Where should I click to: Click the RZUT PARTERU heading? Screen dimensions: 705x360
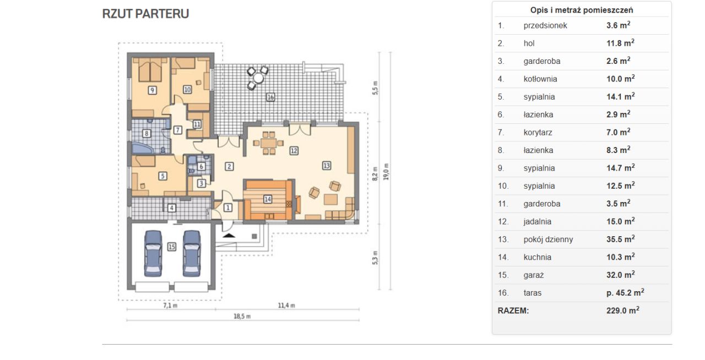coord(145,14)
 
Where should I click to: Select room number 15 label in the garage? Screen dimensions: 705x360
coord(171,247)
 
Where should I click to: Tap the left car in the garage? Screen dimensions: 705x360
coord(153,253)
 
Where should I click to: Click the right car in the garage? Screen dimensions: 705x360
coord(192,253)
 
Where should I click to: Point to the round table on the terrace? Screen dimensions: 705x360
coord(258,78)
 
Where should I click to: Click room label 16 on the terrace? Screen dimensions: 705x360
coord(270,97)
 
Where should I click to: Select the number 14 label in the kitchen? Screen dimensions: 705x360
coord(268,199)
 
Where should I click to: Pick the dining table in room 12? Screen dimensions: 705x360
coord(268,143)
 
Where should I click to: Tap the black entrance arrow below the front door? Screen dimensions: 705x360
coord(229,235)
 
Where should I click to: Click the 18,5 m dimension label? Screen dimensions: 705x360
coord(242,317)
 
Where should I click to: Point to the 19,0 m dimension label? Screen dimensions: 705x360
coord(386,172)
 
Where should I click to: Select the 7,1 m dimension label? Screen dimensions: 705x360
coord(170,306)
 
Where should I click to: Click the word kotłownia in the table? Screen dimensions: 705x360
coord(540,79)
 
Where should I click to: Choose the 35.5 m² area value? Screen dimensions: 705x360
coord(620,239)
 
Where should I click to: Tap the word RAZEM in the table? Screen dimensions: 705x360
coord(513,310)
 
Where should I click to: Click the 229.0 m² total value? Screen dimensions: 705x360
coord(622,310)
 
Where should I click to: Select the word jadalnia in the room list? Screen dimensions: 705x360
coord(537,221)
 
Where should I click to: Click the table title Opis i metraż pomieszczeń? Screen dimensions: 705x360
coord(582,10)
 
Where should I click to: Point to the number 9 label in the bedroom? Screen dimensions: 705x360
coord(152,90)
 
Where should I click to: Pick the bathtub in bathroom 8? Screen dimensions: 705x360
coord(143,148)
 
